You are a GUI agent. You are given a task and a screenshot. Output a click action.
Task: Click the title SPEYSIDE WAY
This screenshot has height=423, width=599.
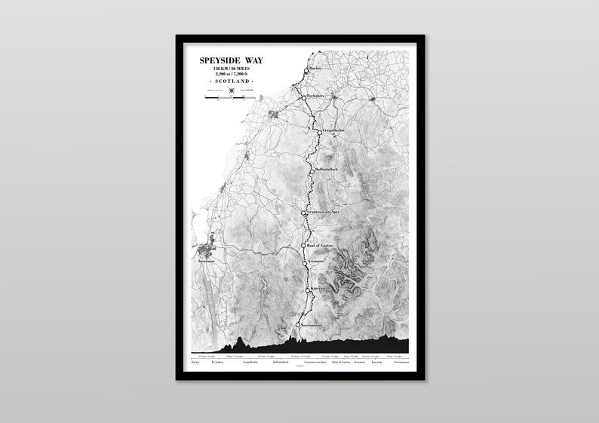232,60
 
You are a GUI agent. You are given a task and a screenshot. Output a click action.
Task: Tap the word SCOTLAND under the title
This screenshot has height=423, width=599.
232,81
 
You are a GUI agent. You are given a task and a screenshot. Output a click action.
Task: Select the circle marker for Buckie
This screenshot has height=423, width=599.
307,71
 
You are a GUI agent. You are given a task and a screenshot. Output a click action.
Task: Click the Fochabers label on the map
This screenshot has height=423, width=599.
317,98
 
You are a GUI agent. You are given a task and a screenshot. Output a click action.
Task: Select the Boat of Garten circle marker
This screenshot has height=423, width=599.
304,245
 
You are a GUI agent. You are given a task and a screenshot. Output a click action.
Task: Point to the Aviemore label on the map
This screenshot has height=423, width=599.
318,262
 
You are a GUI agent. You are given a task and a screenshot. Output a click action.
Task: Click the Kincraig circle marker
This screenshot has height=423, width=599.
308,289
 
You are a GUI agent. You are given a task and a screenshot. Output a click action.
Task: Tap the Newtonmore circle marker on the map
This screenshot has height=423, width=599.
298,324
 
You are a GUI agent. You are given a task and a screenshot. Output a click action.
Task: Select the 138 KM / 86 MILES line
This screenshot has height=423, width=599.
232,69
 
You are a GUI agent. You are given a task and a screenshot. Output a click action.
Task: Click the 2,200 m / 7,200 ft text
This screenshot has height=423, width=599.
232,75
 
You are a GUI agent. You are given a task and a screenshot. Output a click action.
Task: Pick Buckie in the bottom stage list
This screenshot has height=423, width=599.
195,362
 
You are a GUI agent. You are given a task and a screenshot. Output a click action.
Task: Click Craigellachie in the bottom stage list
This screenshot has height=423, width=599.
251,362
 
